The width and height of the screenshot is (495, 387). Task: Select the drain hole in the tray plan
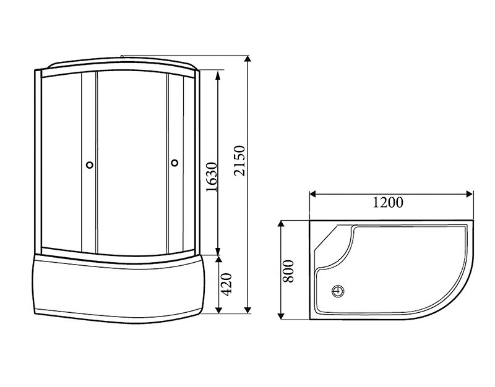click(338, 290)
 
